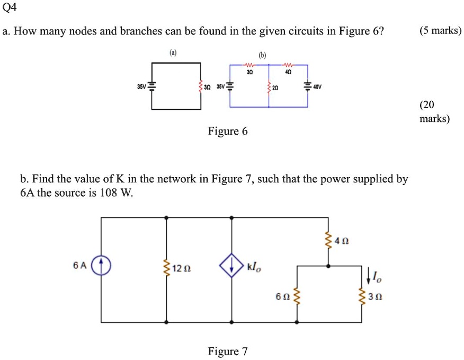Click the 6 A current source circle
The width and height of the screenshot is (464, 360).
(101, 265)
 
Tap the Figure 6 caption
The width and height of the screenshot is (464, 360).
(227, 131)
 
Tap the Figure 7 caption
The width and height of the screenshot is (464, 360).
(227, 351)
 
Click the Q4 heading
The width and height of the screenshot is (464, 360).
(10, 7)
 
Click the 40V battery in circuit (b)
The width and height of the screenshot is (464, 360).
(307, 86)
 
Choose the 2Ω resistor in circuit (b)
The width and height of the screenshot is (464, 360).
(269, 87)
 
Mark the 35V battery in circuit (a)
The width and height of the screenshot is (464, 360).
(152, 86)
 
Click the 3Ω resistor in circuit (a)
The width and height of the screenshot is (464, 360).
(201, 86)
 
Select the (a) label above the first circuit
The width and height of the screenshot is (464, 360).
(174, 54)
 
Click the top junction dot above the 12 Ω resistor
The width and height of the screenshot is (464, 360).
(167, 217)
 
